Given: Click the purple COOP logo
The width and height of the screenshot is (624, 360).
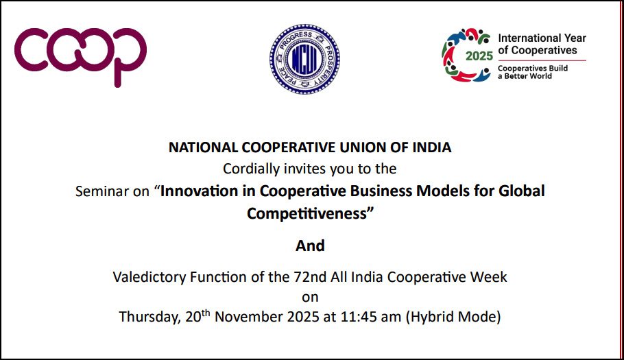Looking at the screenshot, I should [80, 55].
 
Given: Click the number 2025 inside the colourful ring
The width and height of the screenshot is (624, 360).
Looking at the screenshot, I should [479, 56].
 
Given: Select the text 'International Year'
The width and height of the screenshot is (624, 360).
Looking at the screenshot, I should [542, 38].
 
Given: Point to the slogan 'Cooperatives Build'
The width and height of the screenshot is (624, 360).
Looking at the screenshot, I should [533, 68].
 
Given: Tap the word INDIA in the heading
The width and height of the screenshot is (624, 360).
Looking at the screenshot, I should [433, 147].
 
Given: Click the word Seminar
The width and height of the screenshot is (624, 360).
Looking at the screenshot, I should [99, 191].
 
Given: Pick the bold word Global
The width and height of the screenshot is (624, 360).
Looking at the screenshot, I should [523, 191].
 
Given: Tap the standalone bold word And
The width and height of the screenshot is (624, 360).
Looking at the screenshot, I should [310, 245].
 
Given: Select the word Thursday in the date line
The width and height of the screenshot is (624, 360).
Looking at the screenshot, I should [148, 317].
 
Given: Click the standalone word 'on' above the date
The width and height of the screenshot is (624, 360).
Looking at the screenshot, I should [310, 298].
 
